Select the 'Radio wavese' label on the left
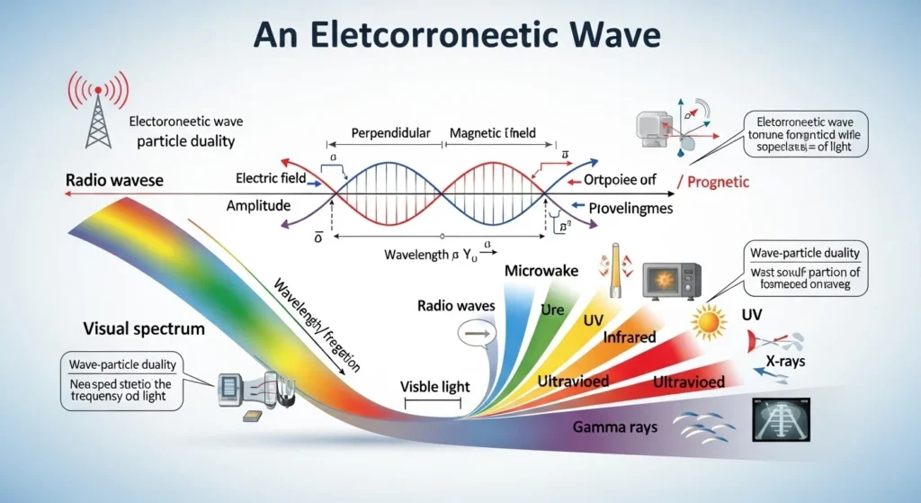click(x=114, y=180)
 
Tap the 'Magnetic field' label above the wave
click(x=492, y=133)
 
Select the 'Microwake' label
click(x=541, y=270)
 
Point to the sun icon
click(x=710, y=319)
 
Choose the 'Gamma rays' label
click(x=613, y=426)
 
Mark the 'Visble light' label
click(x=436, y=387)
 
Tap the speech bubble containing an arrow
click(x=475, y=336)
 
